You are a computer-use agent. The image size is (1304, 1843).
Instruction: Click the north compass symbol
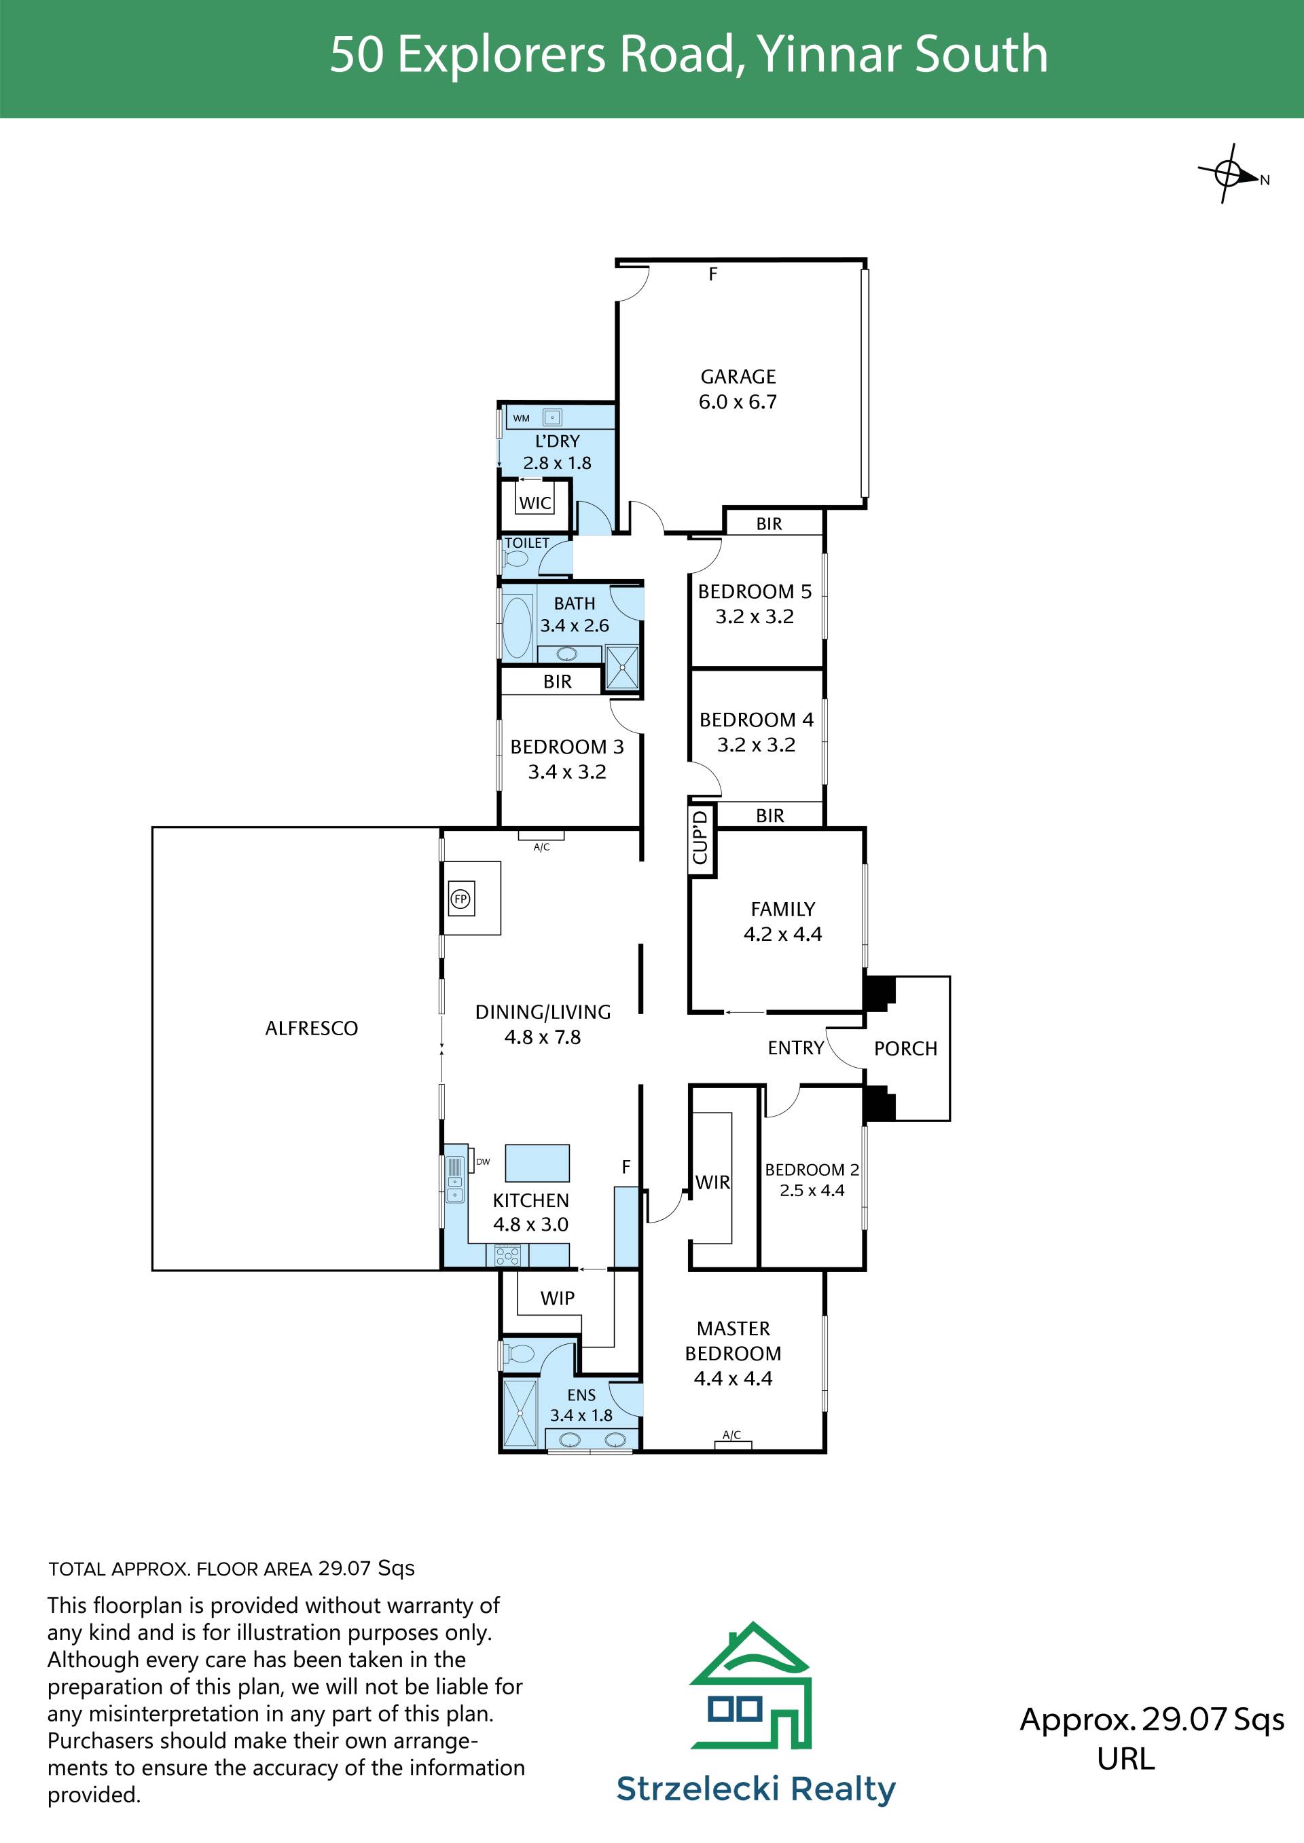(1229, 173)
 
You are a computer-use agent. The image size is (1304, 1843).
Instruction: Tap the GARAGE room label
(738, 377)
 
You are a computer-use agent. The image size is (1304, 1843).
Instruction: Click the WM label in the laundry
(521, 418)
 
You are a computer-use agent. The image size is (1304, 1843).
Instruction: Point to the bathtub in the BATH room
(516, 627)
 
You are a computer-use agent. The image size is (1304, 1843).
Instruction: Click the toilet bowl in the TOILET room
(515, 558)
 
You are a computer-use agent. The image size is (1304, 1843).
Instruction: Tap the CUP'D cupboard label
(700, 837)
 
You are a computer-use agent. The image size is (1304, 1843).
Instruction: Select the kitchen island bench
(537, 1162)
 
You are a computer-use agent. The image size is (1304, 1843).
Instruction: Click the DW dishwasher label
(483, 1161)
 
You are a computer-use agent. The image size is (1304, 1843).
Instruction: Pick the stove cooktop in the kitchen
(507, 1255)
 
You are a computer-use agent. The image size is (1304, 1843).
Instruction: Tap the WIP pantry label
(557, 1298)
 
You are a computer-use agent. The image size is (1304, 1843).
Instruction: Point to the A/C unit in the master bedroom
(733, 1444)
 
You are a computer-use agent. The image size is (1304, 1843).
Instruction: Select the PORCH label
(906, 1048)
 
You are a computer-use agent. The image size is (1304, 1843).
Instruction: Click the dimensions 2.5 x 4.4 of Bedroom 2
(812, 1191)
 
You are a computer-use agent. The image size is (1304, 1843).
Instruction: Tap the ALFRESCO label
(312, 1028)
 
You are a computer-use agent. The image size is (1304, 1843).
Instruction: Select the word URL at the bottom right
(1126, 1758)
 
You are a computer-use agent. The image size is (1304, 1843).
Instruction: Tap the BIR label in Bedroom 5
(768, 524)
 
